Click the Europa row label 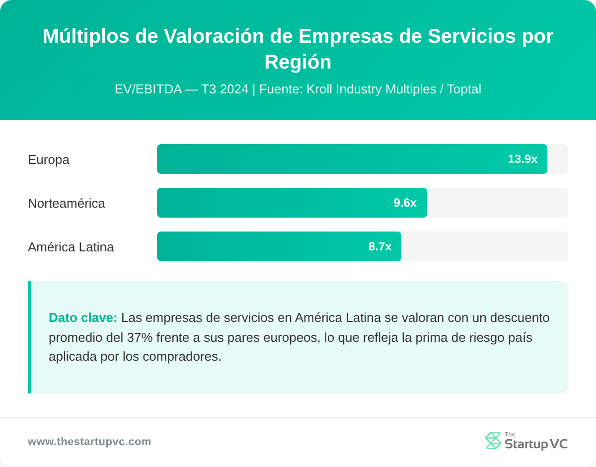[49, 159]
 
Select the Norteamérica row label [67, 203]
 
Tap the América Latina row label [71, 247]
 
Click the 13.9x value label [522, 159]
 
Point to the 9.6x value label [405, 203]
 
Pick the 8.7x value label [379, 246]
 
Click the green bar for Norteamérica [273, 203]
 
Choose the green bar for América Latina [258, 246]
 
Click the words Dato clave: [83, 317]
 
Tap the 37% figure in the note [140, 337]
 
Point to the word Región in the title [298, 62]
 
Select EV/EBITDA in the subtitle [148, 89]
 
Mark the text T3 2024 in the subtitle [224, 89]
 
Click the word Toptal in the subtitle [464, 89]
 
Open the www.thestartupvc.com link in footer [89, 442]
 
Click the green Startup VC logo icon [493, 441]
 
